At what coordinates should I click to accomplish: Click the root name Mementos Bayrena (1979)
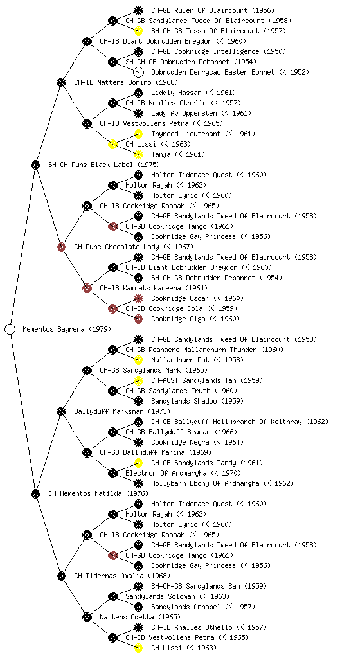coord(67,329)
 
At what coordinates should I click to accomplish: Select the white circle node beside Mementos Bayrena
coord(10,329)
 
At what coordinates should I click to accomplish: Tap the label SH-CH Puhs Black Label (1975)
coord(104,164)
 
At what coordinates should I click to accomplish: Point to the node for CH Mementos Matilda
coord(35,493)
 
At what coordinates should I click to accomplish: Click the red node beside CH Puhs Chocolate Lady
coord(61,247)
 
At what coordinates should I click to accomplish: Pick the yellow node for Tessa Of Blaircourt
coord(138,31)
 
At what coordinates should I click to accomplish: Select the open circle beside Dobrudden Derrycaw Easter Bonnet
coord(138,72)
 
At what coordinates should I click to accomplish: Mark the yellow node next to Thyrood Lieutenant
coord(138,134)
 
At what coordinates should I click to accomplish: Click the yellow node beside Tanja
coord(138,154)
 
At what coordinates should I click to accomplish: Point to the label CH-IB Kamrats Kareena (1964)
coord(154,288)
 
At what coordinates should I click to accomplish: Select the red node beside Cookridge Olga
coord(138,319)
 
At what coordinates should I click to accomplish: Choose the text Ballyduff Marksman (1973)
coord(122,411)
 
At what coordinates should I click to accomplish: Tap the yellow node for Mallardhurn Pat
coord(138,360)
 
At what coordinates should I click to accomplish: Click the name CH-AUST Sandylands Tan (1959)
coord(207,380)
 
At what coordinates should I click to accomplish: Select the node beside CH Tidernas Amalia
coord(61,576)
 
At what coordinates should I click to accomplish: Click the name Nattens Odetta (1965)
coord(140,617)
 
